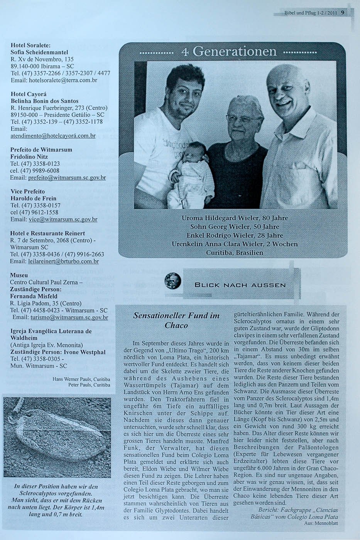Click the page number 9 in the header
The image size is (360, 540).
click(x=342, y=13)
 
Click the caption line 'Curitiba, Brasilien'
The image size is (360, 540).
click(x=235, y=253)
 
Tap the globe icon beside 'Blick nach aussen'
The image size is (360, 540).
click(x=173, y=280)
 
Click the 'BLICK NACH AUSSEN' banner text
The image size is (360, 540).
click(x=240, y=285)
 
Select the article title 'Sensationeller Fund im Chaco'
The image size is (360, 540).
click(x=176, y=320)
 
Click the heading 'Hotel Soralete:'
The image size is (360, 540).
click(x=30, y=45)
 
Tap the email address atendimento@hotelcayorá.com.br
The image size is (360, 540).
click(x=53, y=136)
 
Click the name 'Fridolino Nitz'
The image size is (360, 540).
click(x=29, y=157)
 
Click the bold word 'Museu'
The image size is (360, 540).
click(x=19, y=275)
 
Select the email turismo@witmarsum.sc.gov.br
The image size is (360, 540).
click(x=69, y=317)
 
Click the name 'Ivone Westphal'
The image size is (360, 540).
click(x=85, y=352)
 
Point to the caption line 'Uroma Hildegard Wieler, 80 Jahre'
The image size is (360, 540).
click(x=235, y=218)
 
